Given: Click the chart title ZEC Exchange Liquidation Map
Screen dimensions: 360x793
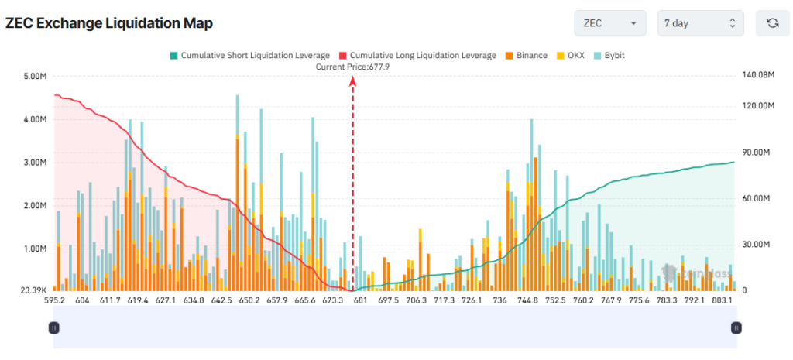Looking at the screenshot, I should pos(108,23).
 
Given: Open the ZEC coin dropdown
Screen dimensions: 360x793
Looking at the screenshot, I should pos(609,23).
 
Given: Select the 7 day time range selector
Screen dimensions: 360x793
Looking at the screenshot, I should pos(700,23).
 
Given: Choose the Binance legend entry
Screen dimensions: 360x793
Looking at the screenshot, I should pos(526,56).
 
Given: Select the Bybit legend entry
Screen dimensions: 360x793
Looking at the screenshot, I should pos(609,56).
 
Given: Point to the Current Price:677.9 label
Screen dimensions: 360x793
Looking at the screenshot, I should pos(352,67).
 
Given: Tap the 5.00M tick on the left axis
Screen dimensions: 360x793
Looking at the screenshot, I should pos(36,77).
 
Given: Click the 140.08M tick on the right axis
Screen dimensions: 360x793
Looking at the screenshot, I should pos(758,75).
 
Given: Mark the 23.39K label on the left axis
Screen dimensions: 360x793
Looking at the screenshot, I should pos(33,290).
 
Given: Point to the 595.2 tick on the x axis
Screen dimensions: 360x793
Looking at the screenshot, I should pos(54,300).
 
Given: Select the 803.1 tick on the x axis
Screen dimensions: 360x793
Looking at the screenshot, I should pos(722,300).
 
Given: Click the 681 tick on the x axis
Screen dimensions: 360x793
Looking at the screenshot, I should pos(359,300).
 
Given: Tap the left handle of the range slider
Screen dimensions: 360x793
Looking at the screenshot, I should pos(53,327).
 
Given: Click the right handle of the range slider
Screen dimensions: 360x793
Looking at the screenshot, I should pos(735,327).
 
